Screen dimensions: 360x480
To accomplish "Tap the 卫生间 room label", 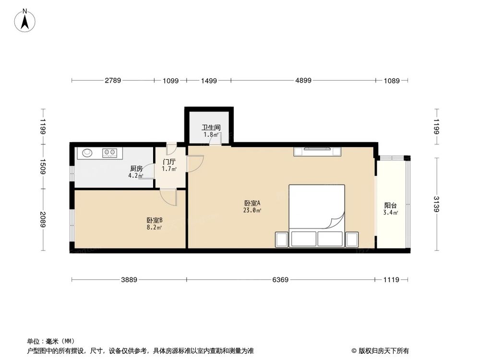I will (211, 128).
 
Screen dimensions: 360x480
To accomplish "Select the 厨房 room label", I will (136, 168).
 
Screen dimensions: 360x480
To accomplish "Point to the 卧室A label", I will (252, 203).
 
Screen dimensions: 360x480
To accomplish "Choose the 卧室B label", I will (155, 220).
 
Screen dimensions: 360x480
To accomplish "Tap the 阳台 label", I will (390, 205).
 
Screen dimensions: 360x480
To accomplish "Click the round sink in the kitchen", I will (87, 153).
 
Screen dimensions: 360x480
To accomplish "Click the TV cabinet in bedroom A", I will (318, 152).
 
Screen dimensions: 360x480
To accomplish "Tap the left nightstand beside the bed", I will (281, 239).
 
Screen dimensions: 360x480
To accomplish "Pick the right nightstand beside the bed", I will (352, 239).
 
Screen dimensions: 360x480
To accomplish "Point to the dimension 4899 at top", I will (303, 81).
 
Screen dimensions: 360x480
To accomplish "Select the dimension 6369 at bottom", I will (280, 280).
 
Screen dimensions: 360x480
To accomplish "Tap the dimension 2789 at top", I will (113, 81).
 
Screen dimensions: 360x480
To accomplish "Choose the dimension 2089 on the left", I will (43, 220).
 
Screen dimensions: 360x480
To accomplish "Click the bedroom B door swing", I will (168, 196).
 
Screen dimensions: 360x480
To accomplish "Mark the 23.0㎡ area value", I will (252, 210).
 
